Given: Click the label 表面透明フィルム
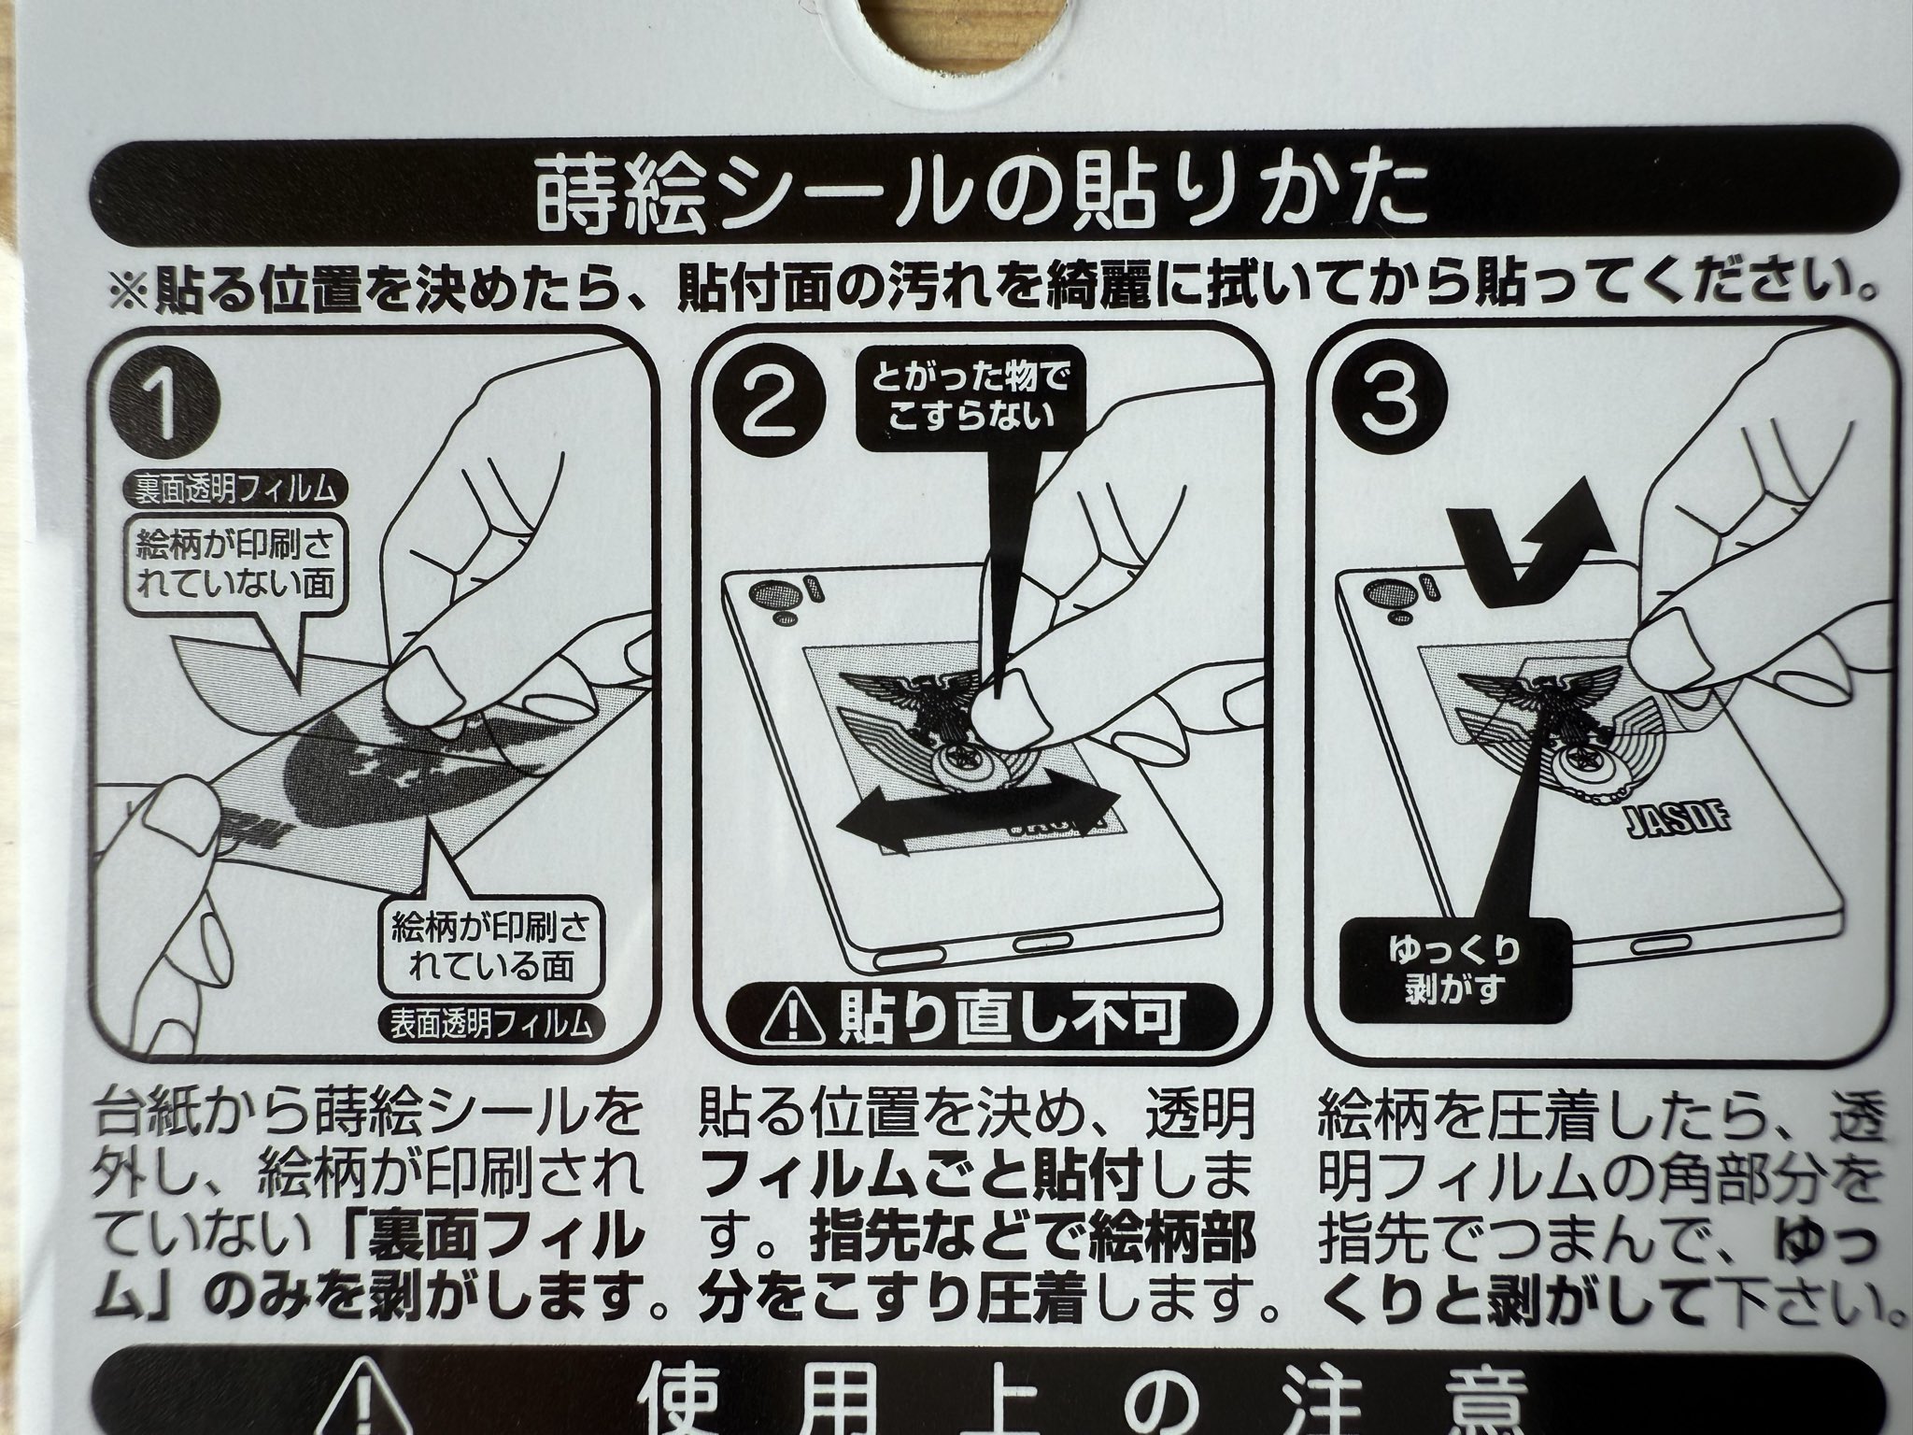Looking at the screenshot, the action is [x=490, y=1023].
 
